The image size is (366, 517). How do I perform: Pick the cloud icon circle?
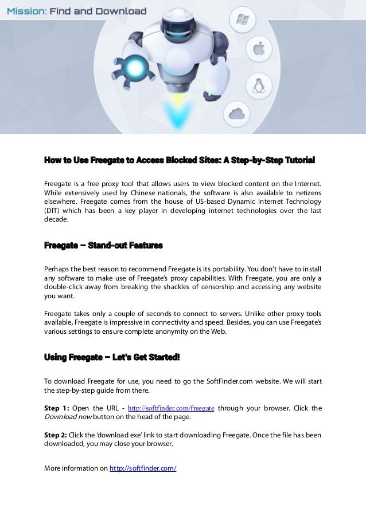[237, 112]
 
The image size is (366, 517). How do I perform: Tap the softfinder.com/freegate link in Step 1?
[171, 408]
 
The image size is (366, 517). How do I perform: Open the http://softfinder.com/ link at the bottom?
[142, 468]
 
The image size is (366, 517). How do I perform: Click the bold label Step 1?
[57, 408]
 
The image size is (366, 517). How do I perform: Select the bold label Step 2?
[56, 435]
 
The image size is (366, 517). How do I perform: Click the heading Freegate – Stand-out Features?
[103, 246]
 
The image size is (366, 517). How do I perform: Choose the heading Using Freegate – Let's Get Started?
[112, 357]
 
